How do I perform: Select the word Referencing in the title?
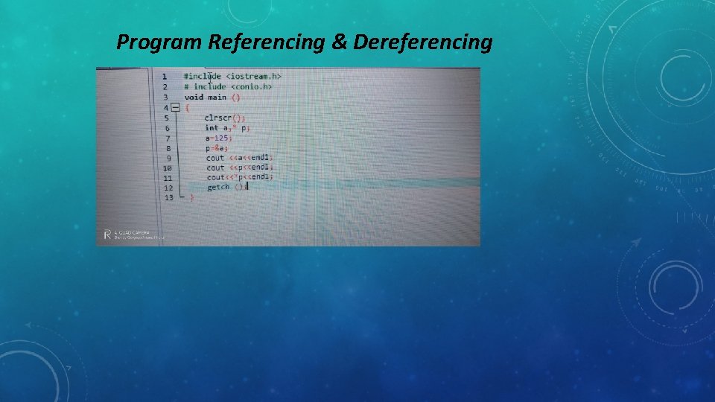(x=266, y=43)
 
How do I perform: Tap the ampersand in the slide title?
(x=339, y=43)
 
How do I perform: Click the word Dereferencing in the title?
(x=423, y=43)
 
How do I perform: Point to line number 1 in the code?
(x=164, y=77)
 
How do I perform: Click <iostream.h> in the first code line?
(x=254, y=76)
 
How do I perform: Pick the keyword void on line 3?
(x=194, y=97)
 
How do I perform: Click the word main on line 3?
(x=217, y=97)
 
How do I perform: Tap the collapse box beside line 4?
(x=175, y=107)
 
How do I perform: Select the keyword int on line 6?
(x=212, y=128)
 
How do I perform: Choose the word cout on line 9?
(x=215, y=158)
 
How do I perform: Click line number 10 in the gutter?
(x=167, y=168)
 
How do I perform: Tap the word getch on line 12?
(x=218, y=187)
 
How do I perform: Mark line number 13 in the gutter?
(x=168, y=197)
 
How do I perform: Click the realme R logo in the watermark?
(x=107, y=234)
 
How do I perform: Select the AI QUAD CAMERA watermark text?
(x=132, y=232)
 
